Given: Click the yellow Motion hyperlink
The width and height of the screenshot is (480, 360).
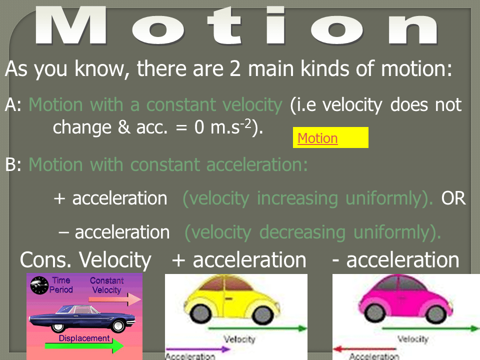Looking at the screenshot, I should pos(317,138).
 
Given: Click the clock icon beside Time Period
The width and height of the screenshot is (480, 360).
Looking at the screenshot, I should pos(38,285).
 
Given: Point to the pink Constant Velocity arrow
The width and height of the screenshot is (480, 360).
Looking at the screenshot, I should pos(114,299).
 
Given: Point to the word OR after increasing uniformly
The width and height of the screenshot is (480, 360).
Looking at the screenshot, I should pos(453,198).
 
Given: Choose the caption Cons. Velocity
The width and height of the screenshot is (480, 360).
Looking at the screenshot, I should pos(85,260).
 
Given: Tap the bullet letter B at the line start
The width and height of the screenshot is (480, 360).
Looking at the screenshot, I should pos(11,165).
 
